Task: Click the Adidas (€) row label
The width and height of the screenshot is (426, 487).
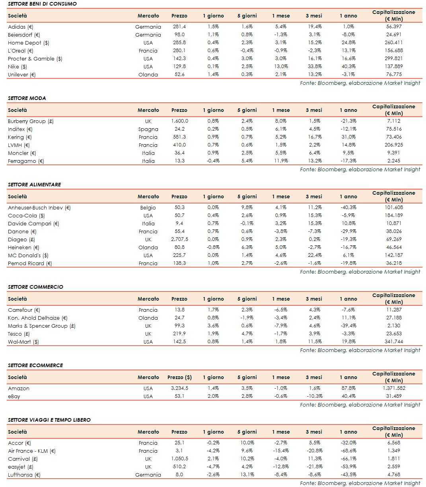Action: (21, 27)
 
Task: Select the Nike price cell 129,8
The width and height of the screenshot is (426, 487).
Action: (179, 66)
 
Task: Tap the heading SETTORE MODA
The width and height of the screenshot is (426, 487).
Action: (27, 98)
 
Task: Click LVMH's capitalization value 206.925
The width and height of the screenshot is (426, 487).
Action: (393, 145)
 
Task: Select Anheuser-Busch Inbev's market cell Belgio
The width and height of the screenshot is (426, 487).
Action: (148, 208)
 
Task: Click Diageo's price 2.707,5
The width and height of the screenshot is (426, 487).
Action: (179, 239)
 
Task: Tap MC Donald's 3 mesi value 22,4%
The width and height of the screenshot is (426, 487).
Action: (314, 255)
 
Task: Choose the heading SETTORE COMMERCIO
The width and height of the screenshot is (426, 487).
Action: (35, 287)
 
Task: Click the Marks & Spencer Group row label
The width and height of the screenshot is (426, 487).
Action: (41, 326)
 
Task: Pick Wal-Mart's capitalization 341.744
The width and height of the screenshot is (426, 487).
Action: (393, 342)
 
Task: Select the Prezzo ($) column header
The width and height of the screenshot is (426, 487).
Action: (179, 377)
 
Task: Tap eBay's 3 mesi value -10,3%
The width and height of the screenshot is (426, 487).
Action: (314, 396)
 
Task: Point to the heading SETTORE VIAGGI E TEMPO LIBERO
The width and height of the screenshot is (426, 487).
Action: (49, 420)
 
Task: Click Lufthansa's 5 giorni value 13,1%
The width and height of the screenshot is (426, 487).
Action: (247, 475)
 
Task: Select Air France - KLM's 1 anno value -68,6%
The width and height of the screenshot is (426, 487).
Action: (348, 451)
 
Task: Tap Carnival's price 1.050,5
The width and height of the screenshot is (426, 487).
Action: (179, 459)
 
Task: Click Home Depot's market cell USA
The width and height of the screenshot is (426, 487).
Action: (148, 43)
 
